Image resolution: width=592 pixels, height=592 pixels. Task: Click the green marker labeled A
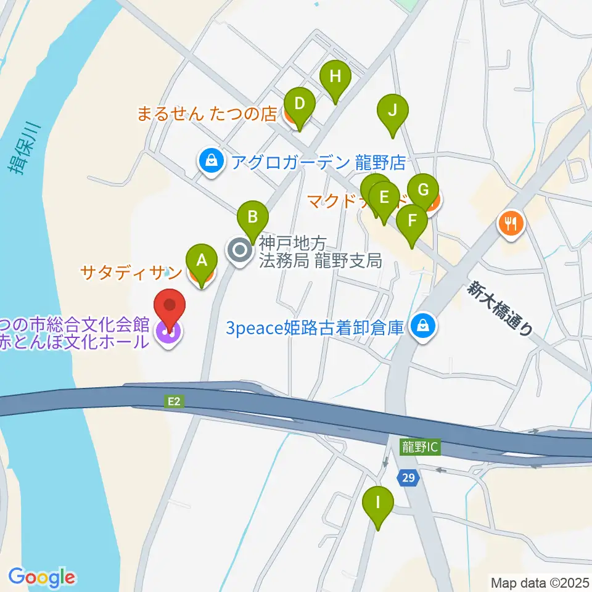click(x=202, y=261)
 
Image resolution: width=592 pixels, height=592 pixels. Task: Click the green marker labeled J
click(x=393, y=112)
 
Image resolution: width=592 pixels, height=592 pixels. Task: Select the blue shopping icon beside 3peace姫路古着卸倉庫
click(x=423, y=326)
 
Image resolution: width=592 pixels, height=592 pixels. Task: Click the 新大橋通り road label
click(x=500, y=308)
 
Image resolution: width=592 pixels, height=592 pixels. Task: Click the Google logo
click(x=41, y=577)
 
